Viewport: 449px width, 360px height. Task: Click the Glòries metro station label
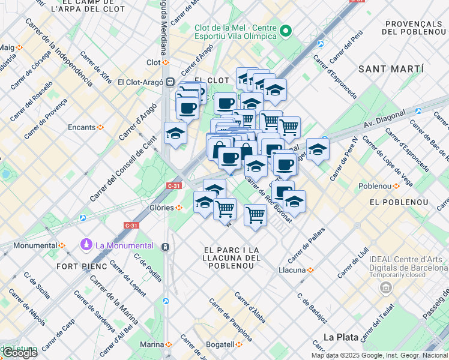[162, 208]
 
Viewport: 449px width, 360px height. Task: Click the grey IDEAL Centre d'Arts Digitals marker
[384, 289]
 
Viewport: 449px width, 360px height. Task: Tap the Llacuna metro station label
[297, 270]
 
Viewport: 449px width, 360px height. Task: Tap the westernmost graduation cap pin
[175, 133]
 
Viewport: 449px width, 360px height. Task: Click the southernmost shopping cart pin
[256, 214]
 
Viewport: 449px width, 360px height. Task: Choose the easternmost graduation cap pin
[318, 148]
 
